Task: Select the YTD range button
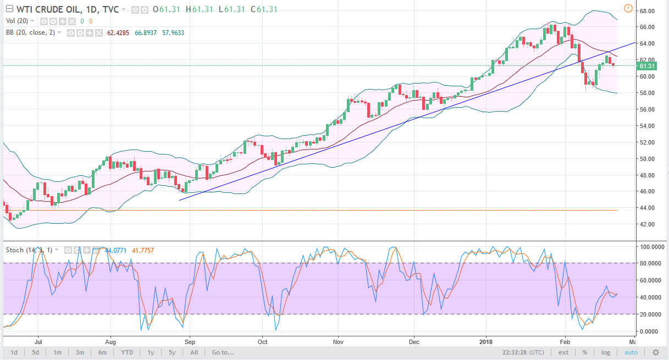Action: [x=127, y=352]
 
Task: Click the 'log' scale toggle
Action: [x=605, y=352]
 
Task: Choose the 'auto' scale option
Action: [x=631, y=352]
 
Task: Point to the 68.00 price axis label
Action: [x=646, y=11]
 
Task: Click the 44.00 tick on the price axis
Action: [x=646, y=208]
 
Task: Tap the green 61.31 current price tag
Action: [x=646, y=66]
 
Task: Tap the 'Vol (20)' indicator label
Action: [x=17, y=21]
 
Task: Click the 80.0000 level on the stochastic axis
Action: [x=650, y=264]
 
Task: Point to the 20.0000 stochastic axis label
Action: [x=650, y=314]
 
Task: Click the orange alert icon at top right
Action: [x=628, y=8]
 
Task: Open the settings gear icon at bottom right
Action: [x=655, y=352]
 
